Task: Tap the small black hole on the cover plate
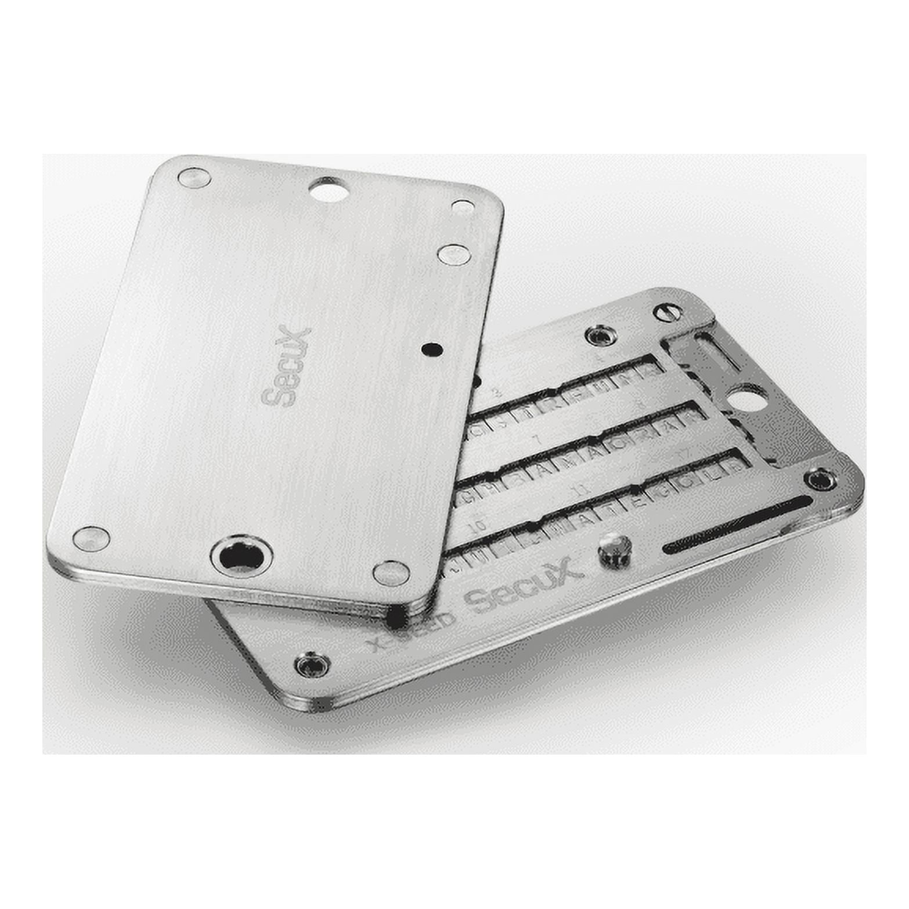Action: coord(432,349)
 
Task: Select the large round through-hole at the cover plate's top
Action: coord(329,189)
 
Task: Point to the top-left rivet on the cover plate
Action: coord(194,177)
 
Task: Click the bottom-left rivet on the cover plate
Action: coord(91,538)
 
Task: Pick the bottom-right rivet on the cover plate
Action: coord(391,573)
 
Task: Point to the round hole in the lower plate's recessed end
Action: coord(748,399)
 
